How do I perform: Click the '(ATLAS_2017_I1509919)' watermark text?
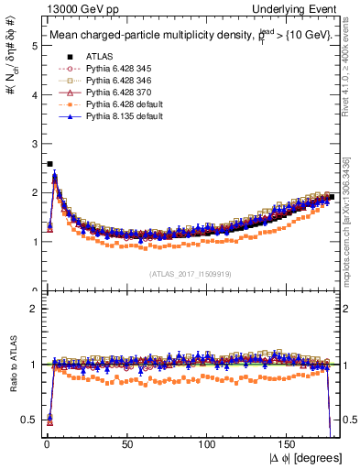coord(191,273)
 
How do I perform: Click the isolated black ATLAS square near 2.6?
coord(49,164)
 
